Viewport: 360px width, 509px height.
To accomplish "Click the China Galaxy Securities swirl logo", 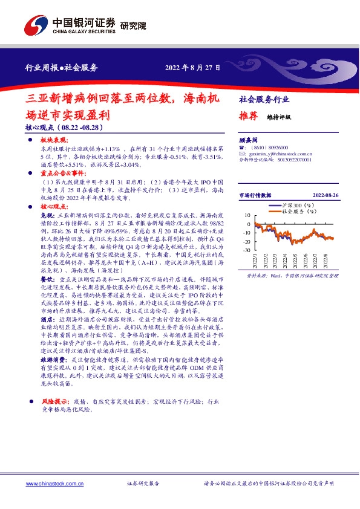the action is pos(36,24).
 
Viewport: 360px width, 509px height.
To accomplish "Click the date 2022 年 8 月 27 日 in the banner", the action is pos(193,66).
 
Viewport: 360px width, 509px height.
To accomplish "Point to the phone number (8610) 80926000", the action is pos(266,148).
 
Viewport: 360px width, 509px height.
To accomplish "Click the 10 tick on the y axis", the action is pos(247,215).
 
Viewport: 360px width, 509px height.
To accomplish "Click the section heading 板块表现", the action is pos(51,140).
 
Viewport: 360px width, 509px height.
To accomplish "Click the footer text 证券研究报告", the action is pos(143,484).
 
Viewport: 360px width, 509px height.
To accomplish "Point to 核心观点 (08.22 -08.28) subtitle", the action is pos(64,128).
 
